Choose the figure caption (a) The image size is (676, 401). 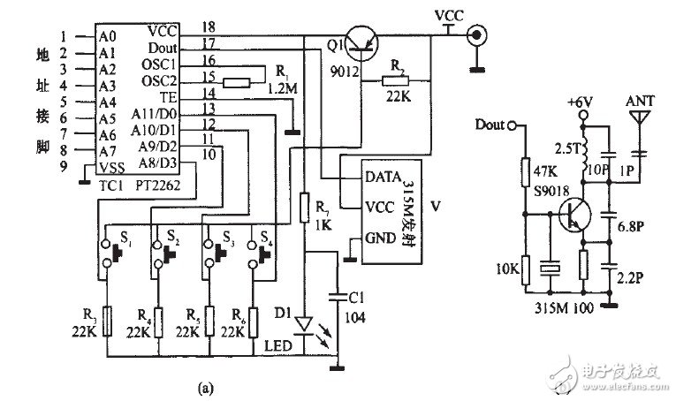(x=206, y=386)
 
